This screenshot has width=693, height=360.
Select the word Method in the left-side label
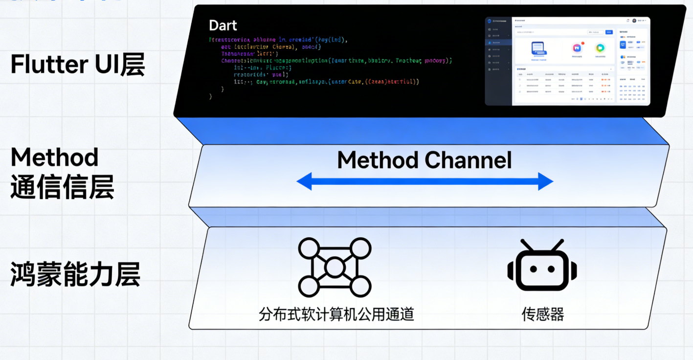[x=54, y=157]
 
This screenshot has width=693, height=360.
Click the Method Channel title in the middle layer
[x=425, y=160]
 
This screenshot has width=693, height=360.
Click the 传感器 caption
[x=543, y=314]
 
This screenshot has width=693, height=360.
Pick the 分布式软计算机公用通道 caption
[x=336, y=314]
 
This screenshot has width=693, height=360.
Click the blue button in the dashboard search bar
[x=609, y=32]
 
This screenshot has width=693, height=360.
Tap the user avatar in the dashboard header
[x=634, y=21]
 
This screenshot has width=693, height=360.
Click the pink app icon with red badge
[x=577, y=48]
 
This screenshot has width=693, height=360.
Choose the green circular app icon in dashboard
[x=600, y=48]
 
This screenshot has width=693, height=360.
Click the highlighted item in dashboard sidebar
[x=498, y=43]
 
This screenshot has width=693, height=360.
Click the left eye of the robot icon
[x=534, y=269]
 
